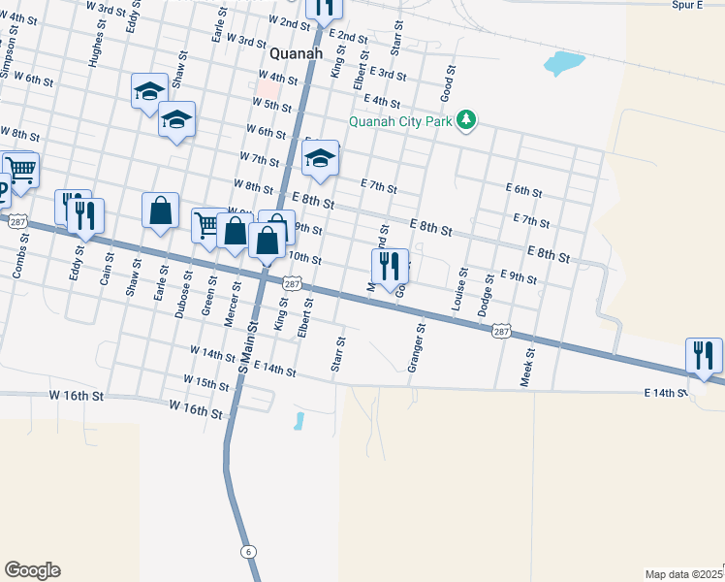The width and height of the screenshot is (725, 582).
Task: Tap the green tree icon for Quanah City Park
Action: point(467,120)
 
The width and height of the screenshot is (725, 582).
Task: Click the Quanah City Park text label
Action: point(401,121)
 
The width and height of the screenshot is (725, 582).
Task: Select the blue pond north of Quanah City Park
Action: point(564,65)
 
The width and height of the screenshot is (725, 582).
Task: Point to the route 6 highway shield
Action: point(249,551)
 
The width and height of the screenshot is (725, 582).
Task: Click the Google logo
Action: point(32,570)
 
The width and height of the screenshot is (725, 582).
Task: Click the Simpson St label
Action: point(10,58)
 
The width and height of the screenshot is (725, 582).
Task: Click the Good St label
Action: point(448,83)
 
